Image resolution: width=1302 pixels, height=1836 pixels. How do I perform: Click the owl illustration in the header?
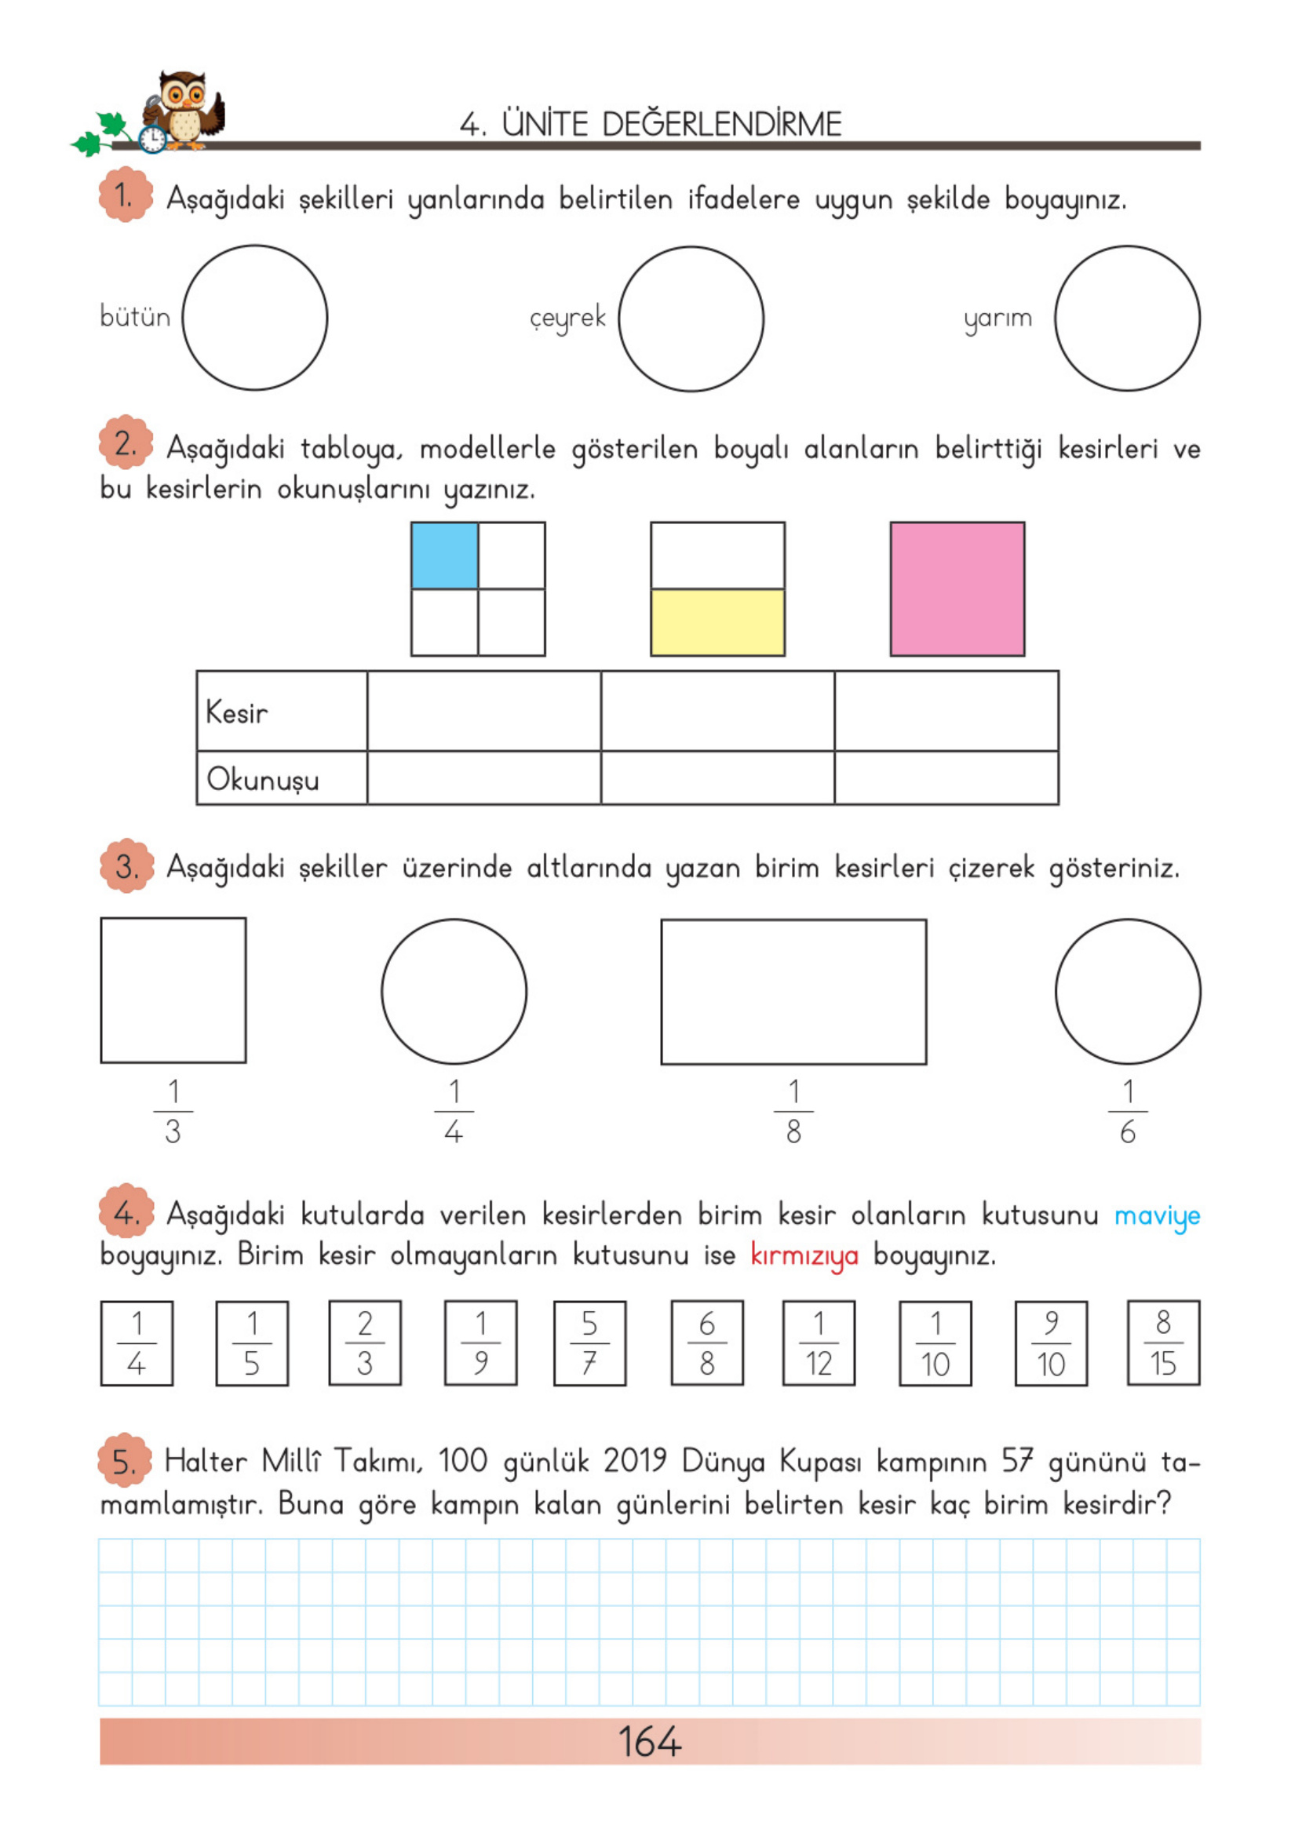click(x=184, y=111)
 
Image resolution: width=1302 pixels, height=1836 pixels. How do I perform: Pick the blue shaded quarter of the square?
click(x=444, y=556)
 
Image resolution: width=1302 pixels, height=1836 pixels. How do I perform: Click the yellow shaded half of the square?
click(x=717, y=623)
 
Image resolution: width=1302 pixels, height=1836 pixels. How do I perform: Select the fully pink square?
click(x=957, y=589)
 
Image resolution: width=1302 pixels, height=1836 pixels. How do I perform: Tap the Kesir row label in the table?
click(x=236, y=712)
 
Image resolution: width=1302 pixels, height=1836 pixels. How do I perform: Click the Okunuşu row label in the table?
click(x=263, y=779)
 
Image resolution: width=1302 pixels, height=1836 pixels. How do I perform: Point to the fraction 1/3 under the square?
click(x=173, y=1112)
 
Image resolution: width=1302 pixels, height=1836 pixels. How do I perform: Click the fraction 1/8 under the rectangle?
click(x=793, y=1112)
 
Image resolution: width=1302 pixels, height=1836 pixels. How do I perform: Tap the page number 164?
click(x=650, y=1741)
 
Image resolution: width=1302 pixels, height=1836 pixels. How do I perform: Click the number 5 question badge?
click(x=125, y=1460)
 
